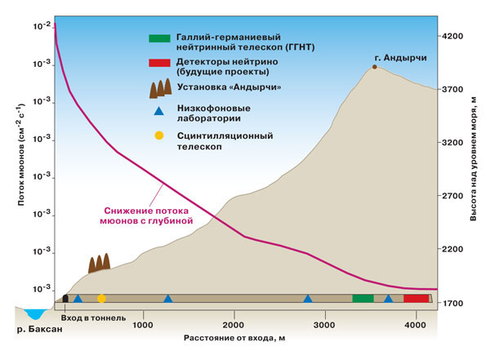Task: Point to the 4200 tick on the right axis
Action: [x=452, y=37]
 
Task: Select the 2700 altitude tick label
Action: [x=452, y=196]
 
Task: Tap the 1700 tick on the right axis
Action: [x=452, y=304]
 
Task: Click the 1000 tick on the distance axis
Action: [x=143, y=325]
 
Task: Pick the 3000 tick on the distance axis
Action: [x=324, y=325]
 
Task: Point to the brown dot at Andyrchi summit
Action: [x=375, y=66]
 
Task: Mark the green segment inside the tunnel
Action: [x=363, y=298]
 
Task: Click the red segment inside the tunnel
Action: [x=416, y=298]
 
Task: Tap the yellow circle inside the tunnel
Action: [x=101, y=299]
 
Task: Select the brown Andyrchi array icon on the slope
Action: [x=98, y=262]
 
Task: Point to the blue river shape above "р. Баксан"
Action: [x=36, y=313]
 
